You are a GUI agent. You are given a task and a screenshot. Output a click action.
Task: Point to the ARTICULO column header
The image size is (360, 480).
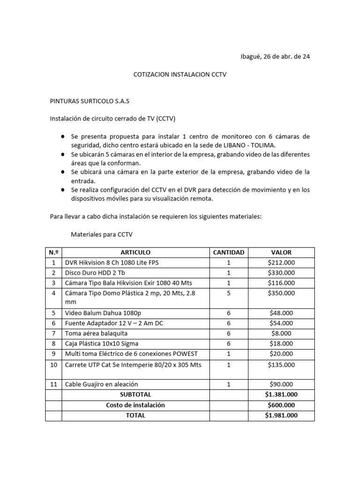(135, 252)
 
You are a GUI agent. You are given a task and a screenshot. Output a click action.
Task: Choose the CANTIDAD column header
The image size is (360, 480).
(229, 252)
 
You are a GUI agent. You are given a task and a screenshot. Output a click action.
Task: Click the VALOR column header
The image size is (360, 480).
(281, 252)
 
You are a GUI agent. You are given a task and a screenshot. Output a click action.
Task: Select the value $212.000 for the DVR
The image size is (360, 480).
(281, 262)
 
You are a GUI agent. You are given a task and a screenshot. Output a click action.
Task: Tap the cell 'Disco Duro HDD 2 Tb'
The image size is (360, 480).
(95, 273)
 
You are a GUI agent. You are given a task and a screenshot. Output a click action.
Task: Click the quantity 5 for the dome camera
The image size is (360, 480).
(229, 293)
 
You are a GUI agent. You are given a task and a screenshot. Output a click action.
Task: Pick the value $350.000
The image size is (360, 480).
(281, 293)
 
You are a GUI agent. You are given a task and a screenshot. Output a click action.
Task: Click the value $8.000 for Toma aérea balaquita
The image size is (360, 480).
(281, 333)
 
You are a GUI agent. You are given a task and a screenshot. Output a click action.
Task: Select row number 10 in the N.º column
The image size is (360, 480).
(53, 365)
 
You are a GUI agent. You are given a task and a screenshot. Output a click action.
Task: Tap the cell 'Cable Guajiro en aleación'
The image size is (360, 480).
(101, 384)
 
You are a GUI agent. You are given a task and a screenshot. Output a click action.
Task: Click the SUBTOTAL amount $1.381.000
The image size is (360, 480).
(281, 395)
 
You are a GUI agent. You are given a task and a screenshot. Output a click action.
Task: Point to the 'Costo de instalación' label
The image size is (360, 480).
(135, 405)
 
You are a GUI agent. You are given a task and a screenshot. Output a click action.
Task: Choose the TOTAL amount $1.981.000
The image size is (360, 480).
(281, 415)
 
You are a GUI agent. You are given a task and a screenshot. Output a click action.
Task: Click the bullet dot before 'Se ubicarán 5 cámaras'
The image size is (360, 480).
(63, 154)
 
